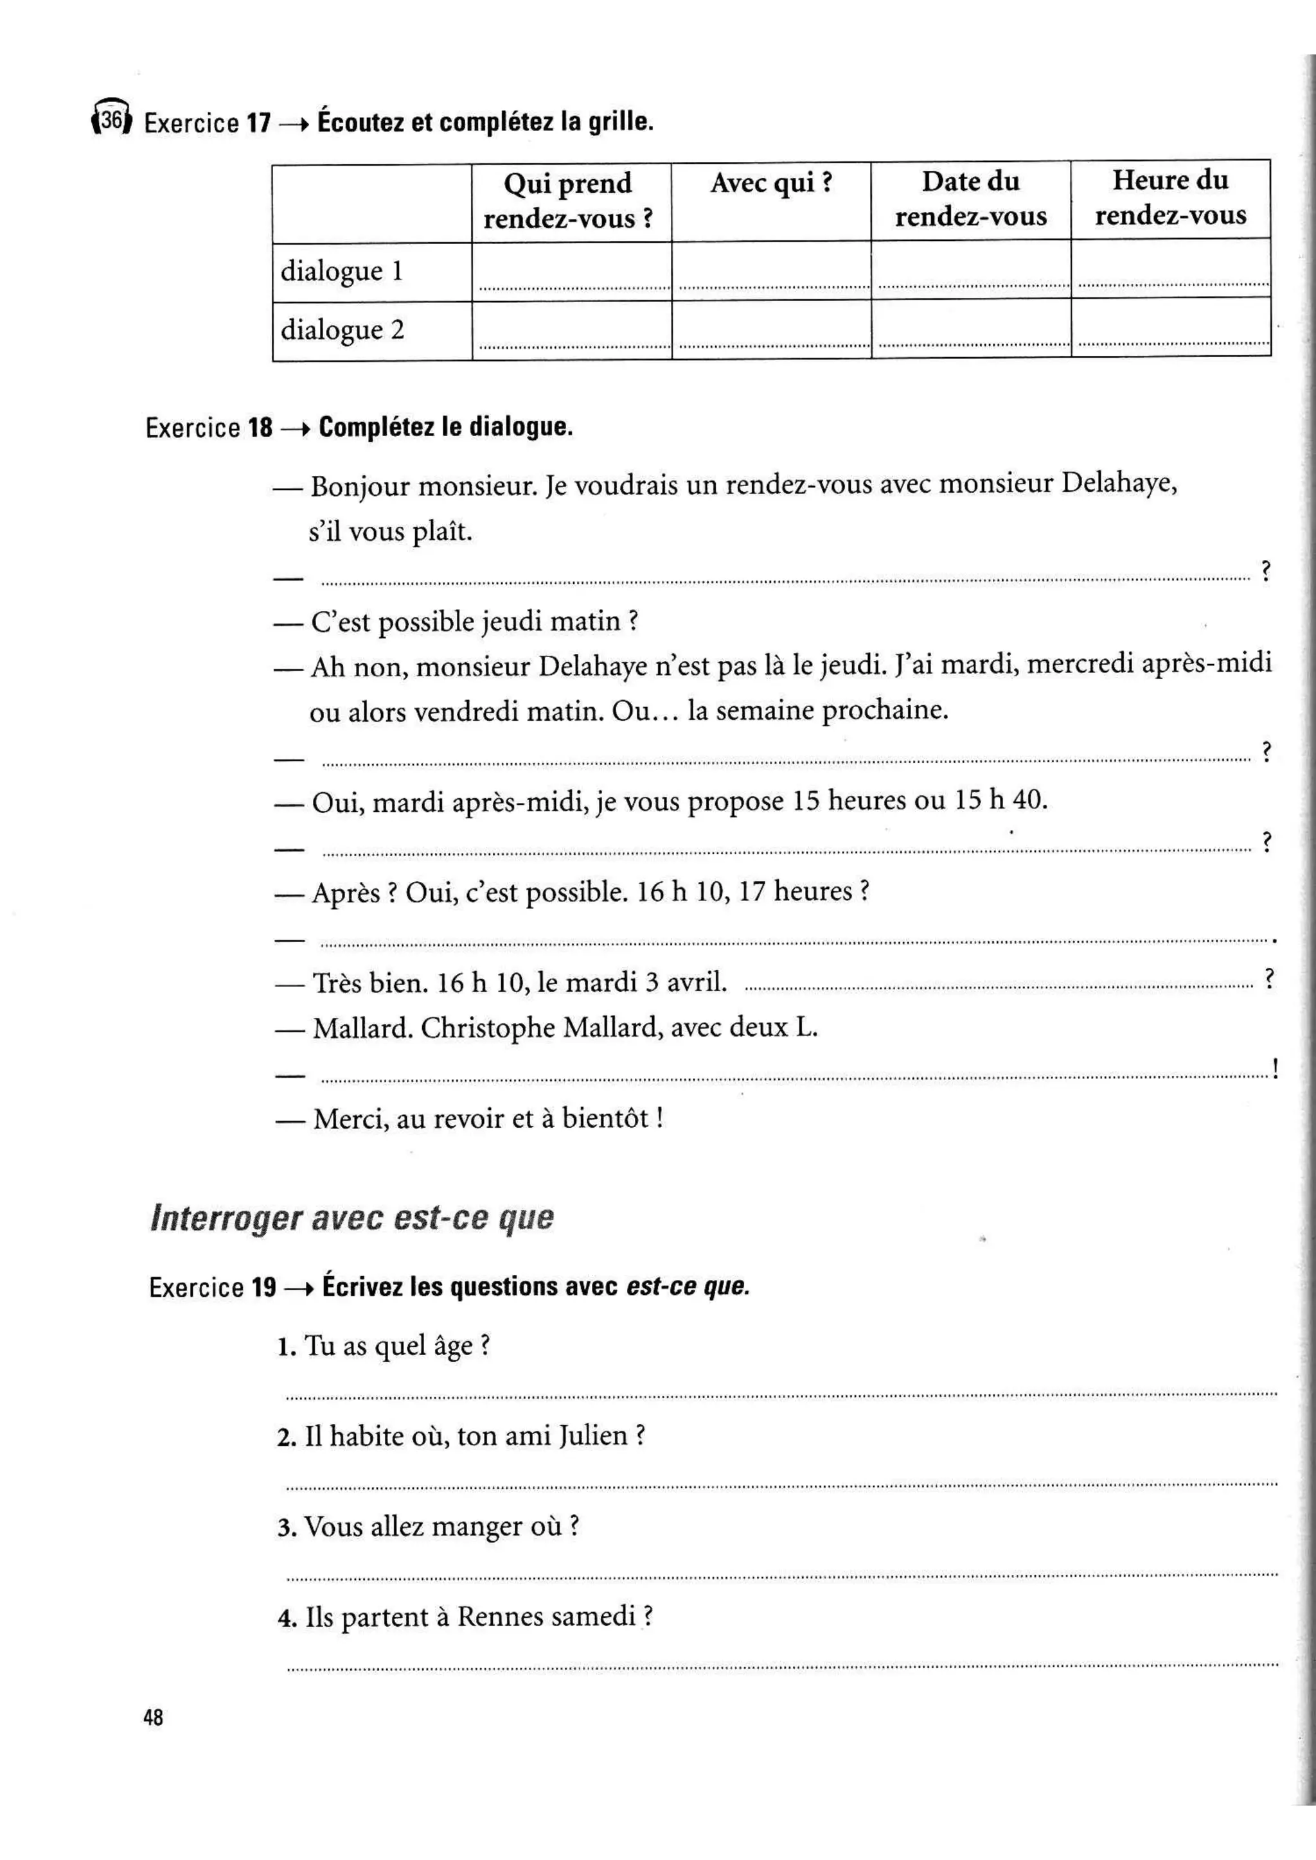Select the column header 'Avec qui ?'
point(770,184)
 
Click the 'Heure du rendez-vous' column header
point(1170,197)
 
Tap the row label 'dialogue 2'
point(342,329)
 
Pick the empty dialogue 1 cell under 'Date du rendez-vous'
point(970,270)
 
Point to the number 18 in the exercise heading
point(260,428)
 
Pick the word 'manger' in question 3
point(477,1527)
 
